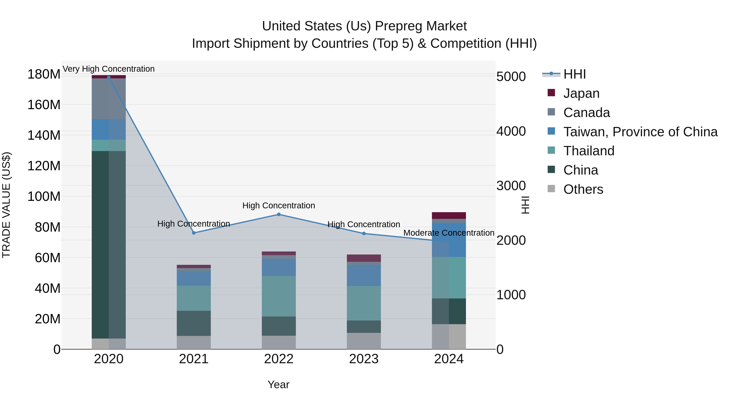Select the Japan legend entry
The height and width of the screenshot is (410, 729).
coord(581,93)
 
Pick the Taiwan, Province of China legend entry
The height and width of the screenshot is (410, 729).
coord(640,132)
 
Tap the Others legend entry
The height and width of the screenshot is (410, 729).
coord(583,189)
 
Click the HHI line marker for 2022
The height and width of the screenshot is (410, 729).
coord(279,214)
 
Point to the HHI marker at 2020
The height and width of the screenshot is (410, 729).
coord(109,77)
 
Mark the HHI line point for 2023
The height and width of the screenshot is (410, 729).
coord(364,233)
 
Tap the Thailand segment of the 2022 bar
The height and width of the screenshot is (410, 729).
coord(279,296)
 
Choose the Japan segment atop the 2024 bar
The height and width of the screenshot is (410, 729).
coord(449,215)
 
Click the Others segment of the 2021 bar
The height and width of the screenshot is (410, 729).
coord(194,342)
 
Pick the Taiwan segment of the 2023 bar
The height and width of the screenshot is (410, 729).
coord(364,275)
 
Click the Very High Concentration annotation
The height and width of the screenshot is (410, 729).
coord(109,69)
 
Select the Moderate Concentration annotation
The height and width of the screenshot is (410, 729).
coord(449,233)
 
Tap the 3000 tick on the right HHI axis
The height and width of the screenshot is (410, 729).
coord(511,186)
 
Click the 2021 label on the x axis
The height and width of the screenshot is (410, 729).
coord(194,359)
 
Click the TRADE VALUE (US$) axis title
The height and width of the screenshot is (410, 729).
coord(6,205)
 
